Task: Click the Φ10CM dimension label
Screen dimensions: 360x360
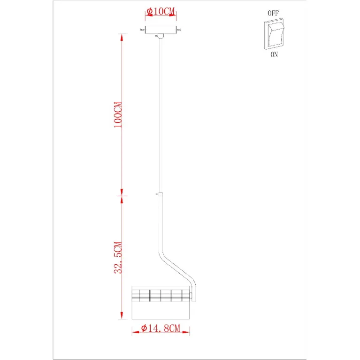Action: (x=161, y=11)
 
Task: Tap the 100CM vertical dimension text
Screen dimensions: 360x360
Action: (x=118, y=115)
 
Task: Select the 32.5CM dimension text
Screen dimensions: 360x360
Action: (x=118, y=258)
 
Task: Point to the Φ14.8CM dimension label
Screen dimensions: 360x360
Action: (x=161, y=328)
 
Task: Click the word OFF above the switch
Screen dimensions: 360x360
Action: (x=273, y=13)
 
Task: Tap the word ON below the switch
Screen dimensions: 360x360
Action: (x=274, y=54)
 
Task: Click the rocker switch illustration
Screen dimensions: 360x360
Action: (x=274, y=34)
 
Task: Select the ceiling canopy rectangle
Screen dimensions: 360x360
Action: (x=161, y=30)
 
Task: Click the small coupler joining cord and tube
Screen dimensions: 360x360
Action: (x=161, y=194)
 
